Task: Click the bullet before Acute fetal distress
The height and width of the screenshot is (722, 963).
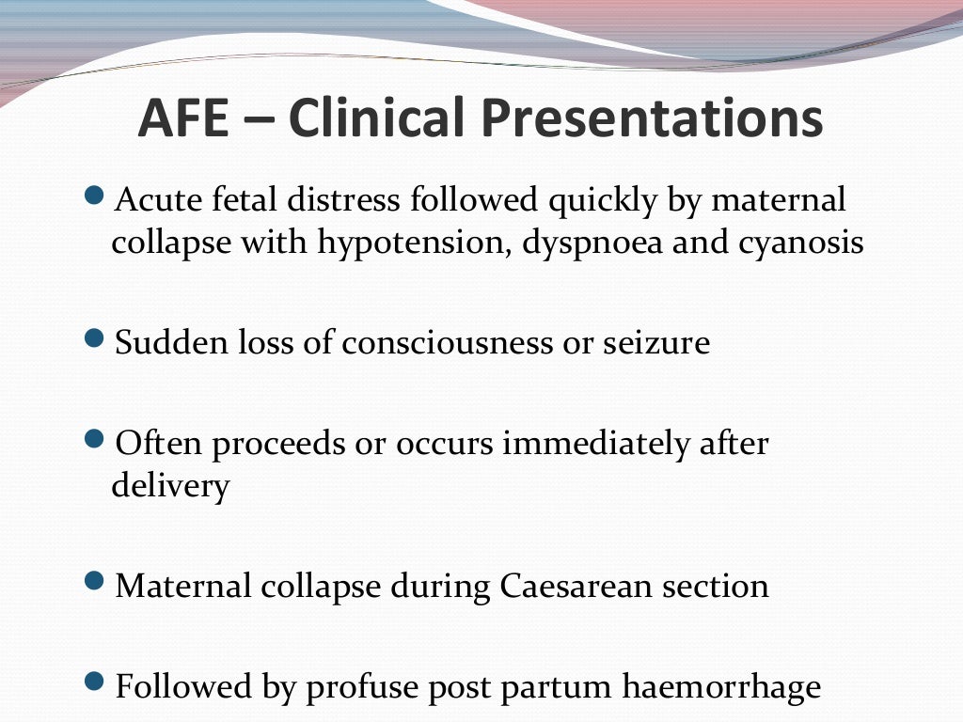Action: tap(92, 197)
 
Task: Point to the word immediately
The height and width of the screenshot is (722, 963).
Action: tap(596, 444)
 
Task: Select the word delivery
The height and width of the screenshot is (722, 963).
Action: tap(169, 487)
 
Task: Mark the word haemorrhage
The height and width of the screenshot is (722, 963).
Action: tap(721, 687)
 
